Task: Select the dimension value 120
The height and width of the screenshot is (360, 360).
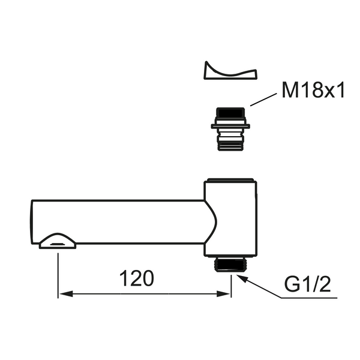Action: pos(137,278)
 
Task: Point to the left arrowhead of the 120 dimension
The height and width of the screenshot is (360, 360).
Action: pos(63,294)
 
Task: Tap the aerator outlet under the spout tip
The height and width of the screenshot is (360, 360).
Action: pos(58,242)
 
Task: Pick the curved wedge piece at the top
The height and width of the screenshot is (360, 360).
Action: pos(230,71)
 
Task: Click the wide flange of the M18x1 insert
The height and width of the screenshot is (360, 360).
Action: pos(230,126)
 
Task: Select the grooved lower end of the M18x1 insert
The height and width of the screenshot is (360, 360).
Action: pos(230,143)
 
